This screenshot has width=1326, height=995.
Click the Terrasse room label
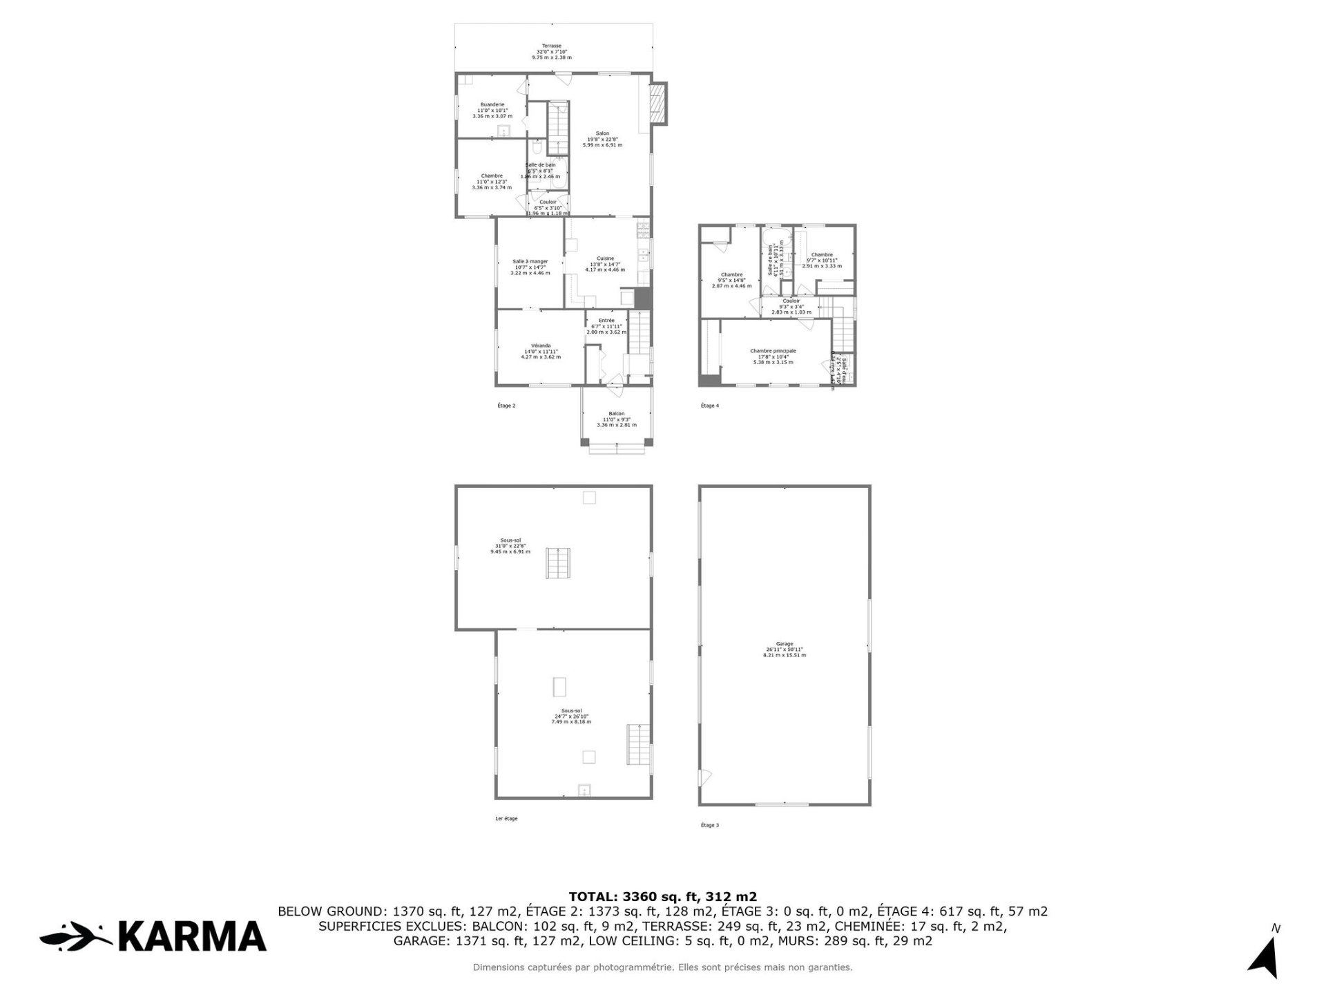551,46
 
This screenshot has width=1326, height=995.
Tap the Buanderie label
492,105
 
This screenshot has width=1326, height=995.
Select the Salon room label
602,134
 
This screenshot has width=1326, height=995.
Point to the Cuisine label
605,258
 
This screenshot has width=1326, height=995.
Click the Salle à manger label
530,262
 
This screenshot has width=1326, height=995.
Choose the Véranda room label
541,345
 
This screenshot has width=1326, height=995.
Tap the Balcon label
616,414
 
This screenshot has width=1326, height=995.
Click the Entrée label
606,321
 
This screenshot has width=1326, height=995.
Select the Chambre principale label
773,351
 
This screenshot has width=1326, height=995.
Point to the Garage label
784,644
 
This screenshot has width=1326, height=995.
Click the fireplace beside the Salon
659,104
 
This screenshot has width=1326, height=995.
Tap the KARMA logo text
192,937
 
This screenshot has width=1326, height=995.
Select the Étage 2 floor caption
506,406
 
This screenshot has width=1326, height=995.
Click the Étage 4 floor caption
709,406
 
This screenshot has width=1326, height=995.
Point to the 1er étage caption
506,819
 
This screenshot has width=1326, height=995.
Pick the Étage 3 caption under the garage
709,825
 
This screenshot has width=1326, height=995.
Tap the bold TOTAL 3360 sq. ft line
662,897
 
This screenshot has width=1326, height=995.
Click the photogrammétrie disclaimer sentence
662,967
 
